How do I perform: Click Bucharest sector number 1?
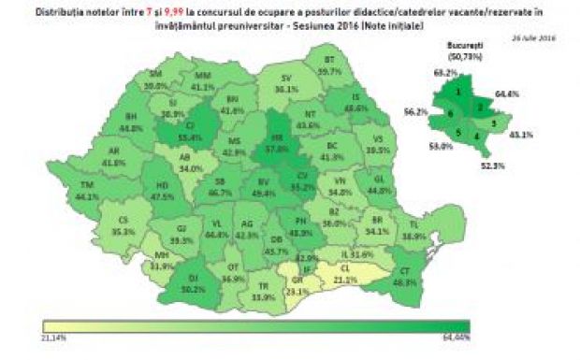click(458, 92)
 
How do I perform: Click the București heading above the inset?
click(465, 40)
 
